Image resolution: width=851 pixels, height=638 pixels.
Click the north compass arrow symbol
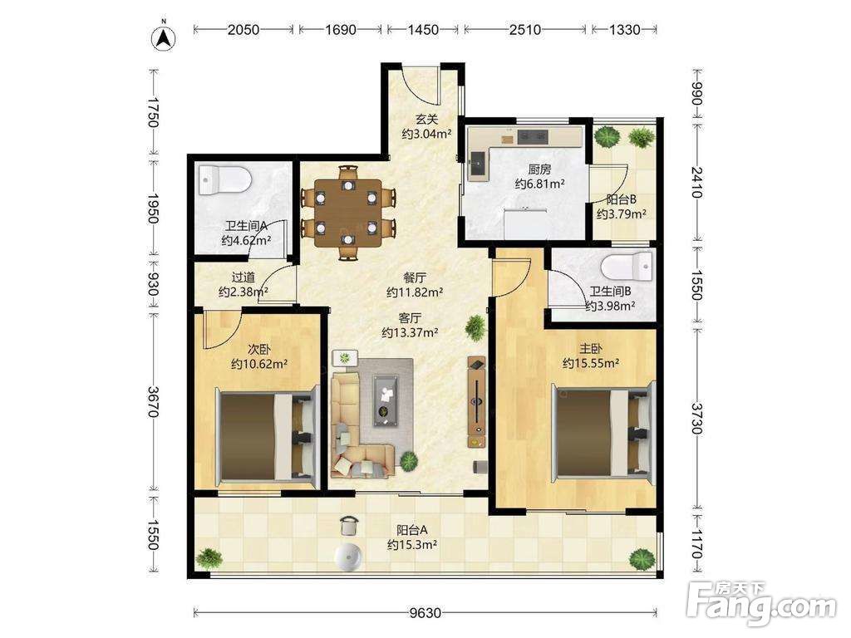[163, 38]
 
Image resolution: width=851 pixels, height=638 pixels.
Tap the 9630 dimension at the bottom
[425, 613]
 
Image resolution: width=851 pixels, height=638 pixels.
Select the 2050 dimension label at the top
[243, 29]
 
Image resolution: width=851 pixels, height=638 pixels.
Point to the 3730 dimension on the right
[697, 418]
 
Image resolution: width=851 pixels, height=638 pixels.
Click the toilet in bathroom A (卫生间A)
[224, 180]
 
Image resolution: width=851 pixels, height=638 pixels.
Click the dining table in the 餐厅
[347, 213]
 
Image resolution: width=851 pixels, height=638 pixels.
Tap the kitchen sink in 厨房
[479, 165]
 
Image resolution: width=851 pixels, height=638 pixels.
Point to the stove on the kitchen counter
[533, 136]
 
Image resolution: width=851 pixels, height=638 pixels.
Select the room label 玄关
[426, 119]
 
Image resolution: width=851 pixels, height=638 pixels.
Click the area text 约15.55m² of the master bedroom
[591, 364]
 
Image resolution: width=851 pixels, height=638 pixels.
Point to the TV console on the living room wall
[477, 402]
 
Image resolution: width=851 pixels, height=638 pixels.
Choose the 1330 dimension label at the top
[624, 29]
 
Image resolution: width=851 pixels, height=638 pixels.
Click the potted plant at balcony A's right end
[642, 559]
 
